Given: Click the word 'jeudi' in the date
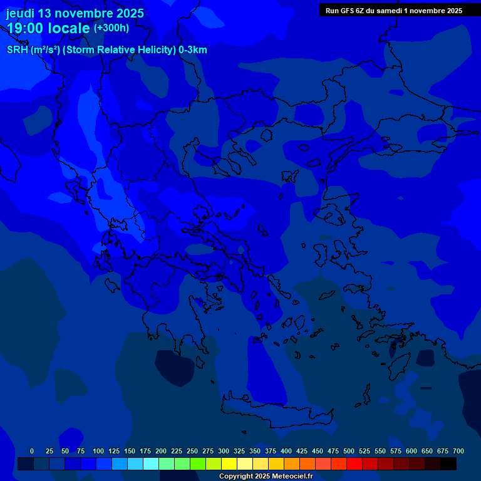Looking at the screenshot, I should click(20, 13).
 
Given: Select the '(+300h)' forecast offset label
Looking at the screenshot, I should click(111, 28).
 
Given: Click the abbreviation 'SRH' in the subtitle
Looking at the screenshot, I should click(18, 50).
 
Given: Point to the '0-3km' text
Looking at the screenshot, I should click(193, 50).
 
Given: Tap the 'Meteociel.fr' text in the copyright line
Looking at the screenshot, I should click(292, 477).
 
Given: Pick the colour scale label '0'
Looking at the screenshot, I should click(32, 451).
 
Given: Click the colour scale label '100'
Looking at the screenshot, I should click(98, 451).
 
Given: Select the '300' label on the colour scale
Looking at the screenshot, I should click(224, 451).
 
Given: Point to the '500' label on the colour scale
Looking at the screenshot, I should click(349, 451).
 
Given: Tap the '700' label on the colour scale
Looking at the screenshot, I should click(458, 451).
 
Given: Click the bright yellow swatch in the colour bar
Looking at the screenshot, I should click(229, 464).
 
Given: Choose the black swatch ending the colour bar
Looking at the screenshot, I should click(448, 464).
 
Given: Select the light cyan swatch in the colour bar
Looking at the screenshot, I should click(151, 464).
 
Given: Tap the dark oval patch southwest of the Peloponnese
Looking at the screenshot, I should click(175, 366).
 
